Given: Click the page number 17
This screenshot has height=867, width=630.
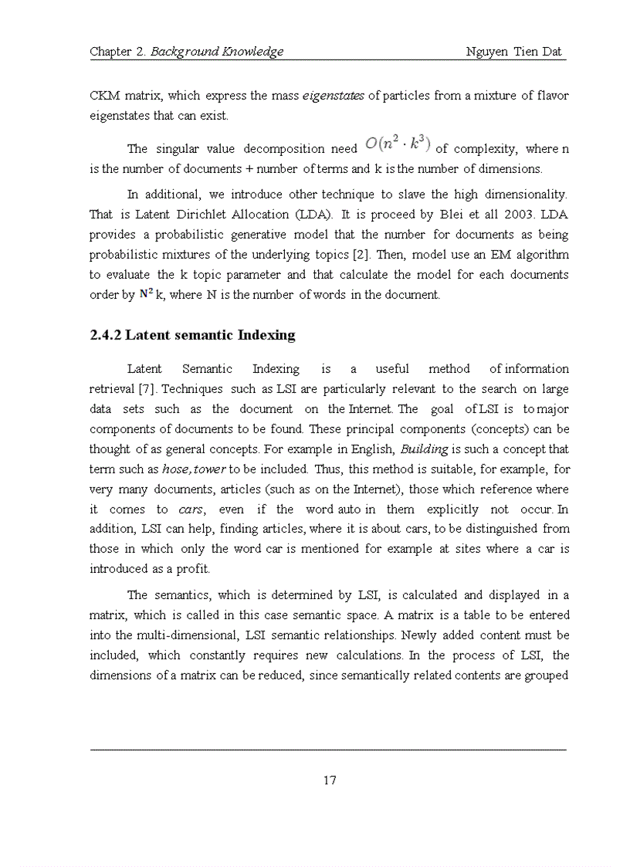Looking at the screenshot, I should (x=330, y=780).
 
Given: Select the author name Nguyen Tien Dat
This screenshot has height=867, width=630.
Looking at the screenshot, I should (x=515, y=52).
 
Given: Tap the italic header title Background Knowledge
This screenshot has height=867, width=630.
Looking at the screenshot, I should (x=217, y=52).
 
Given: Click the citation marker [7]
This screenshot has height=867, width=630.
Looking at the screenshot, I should (x=147, y=389).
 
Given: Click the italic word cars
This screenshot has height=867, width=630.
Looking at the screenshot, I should (x=191, y=510).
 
